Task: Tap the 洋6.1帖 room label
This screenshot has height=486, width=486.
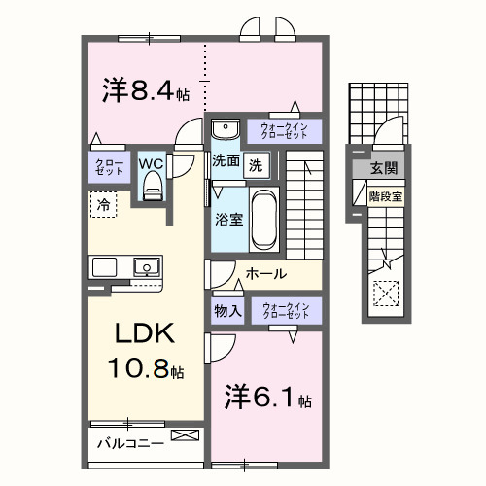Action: point(269,399)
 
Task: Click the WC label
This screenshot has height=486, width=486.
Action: point(151,164)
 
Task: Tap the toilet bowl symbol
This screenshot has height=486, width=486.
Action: point(151,189)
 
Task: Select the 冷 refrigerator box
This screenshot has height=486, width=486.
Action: point(102,204)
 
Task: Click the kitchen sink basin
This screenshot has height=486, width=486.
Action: point(147,266)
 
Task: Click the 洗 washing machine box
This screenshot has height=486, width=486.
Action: point(255,164)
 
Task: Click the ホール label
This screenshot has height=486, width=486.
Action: point(265,275)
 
